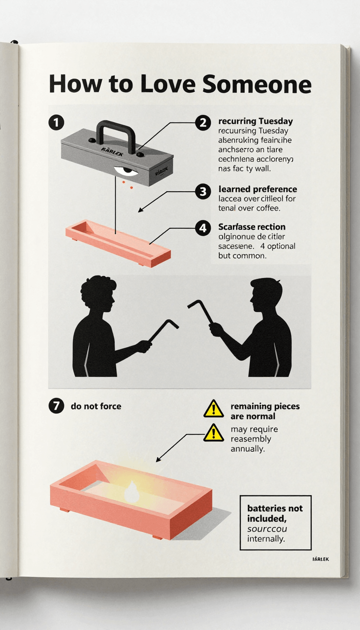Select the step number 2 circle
point(202,123)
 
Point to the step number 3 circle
point(202,191)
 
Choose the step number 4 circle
point(202,228)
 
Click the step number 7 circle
point(56,406)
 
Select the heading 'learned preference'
point(257,189)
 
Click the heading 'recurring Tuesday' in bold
point(255,121)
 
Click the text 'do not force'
point(96,406)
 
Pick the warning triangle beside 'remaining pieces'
point(214,409)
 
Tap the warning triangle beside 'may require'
point(214,433)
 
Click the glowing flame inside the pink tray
point(132,491)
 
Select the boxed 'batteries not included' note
point(275,523)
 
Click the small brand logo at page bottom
point(320,559)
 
